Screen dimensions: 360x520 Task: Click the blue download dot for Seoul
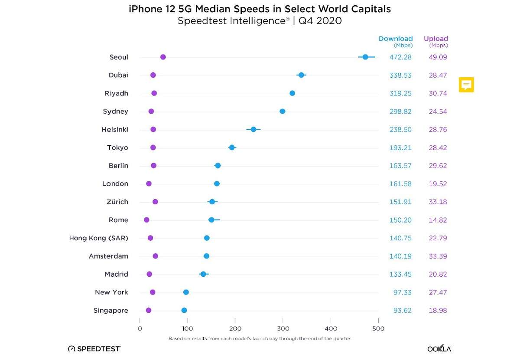[x=365, y=57]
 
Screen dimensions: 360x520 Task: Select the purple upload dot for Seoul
[x=163, y=57]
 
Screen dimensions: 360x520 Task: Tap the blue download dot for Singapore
[x=184, y=311]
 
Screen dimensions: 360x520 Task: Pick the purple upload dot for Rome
[x=146, y=220]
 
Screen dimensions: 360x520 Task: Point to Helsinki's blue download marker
[x=253, y=129]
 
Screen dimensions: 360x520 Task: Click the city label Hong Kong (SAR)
[x=98, y=238]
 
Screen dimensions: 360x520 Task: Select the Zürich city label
[x=117, y=202]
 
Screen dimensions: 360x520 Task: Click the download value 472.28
[x=400, y=57]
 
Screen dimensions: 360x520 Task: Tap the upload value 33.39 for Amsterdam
[x=438, y=256]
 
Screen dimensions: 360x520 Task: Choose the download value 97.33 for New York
[x=402, y=292]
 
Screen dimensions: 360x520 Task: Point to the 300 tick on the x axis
[x=283, y=329]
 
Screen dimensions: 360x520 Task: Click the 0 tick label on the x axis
[x=140, y=329]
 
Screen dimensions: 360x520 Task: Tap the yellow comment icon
[x=466, y=85]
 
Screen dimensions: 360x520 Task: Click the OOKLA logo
[x=439, y=349]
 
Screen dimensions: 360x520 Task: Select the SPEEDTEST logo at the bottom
[x=94, y=349]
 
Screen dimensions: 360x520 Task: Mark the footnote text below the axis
[x=259, y=338]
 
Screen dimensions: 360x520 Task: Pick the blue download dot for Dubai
[x=301, y=75]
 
